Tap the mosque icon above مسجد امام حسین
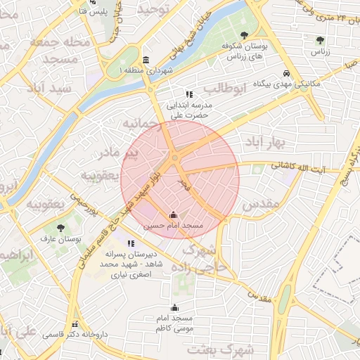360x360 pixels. point(173,214)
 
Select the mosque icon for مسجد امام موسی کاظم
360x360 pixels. point(174,307)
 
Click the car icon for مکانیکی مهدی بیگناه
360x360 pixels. point(287,73)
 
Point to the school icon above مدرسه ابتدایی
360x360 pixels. point(189,94)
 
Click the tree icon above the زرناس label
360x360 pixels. point(321,40)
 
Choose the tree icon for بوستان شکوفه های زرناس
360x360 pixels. point(244,34)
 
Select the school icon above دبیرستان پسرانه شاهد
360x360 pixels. point(129,243)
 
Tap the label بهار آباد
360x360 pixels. point(264,143)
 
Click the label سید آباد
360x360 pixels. point(49,89)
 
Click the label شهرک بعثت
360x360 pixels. point(205,349)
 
